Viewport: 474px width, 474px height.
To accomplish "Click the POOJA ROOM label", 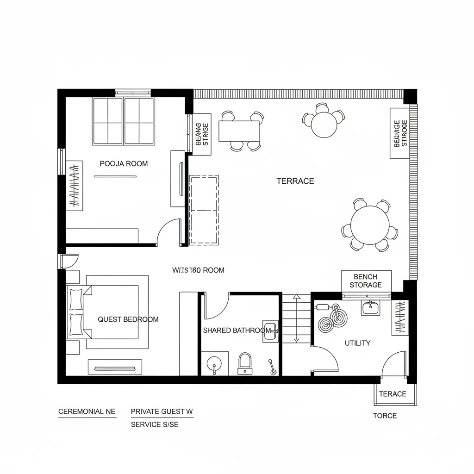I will click(124, 163).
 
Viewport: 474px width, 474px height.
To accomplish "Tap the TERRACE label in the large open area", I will click(295, 181).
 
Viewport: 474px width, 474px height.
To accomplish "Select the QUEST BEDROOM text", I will click(128, 319).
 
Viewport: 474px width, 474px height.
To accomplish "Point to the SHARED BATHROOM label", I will click(237, 331).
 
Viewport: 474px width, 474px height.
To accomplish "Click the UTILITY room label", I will click(357, 343).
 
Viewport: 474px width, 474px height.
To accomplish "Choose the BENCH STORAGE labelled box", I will click(366, 281).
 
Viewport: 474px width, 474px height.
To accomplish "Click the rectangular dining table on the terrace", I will click(239, 131).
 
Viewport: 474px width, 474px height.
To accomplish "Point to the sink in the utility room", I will click(370, 307).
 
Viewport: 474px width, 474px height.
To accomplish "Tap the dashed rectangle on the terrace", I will click(204, 210).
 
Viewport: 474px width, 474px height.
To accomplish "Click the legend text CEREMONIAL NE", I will click(87, 411).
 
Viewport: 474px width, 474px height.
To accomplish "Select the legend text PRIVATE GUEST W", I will click(162, 411).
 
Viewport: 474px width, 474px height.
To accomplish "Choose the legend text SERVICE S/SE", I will click(155, 424).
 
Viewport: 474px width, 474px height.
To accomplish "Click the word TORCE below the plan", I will click(385, 416).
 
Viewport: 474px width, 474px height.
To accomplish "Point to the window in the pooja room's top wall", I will click(133, 93).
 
